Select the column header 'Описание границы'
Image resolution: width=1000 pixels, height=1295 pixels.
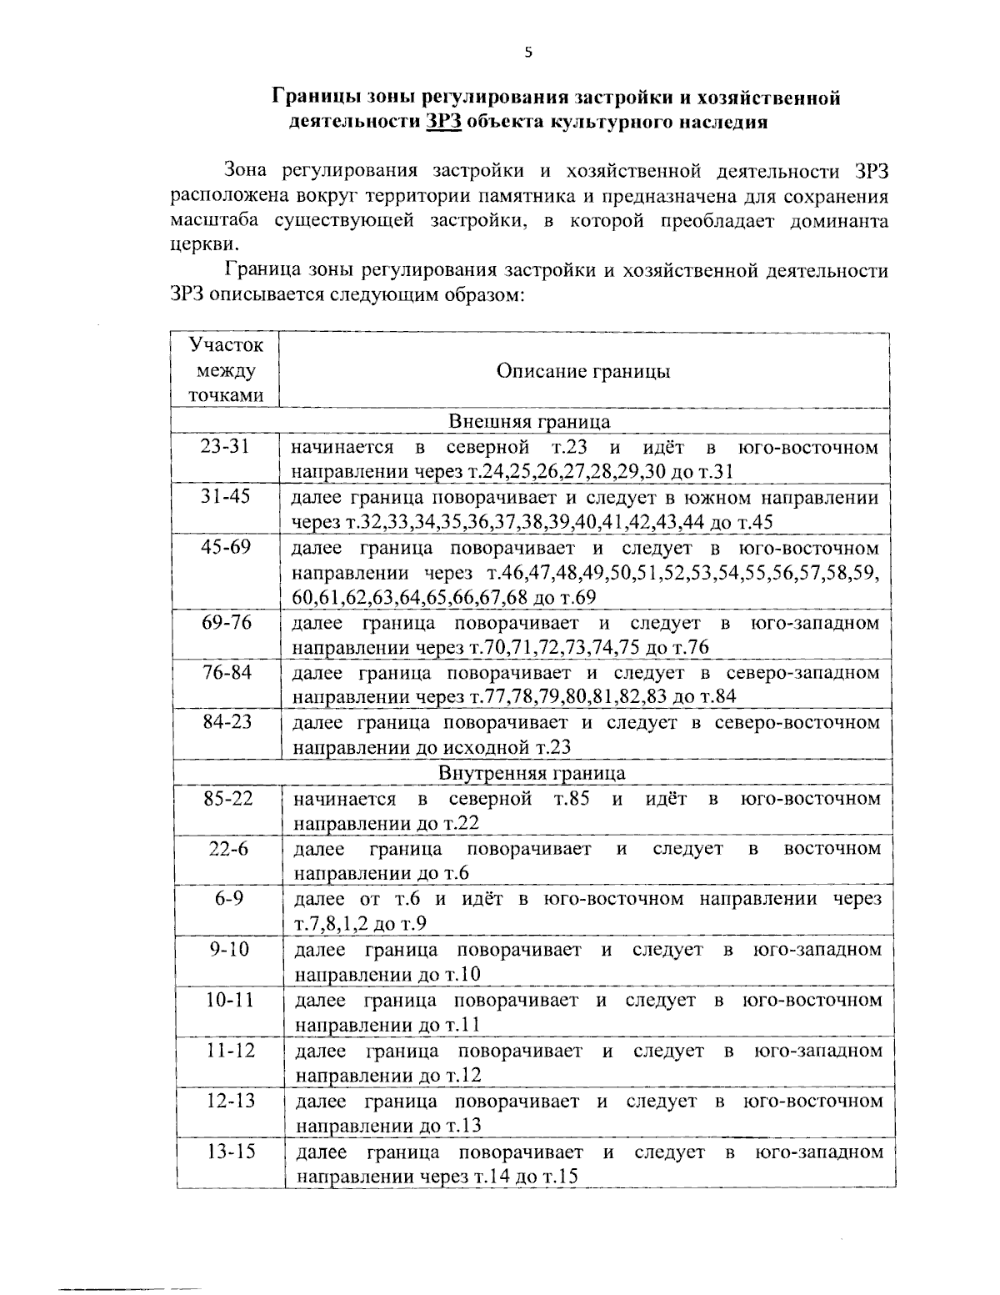(583, 371)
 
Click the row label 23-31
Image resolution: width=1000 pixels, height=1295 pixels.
(225, 446)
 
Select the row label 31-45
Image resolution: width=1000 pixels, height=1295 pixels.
(226, 496)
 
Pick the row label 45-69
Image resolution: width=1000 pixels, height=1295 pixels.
(226, 547)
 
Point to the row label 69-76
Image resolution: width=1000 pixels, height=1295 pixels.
(227, 622)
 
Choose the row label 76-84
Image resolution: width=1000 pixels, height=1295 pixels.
(227, 672)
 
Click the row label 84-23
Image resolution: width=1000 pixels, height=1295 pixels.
(227, 721)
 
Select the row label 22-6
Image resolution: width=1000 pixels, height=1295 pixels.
(228, 848)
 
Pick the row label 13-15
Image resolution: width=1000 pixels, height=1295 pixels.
(231, 1152)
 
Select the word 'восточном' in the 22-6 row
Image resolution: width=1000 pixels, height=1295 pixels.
(832, 849)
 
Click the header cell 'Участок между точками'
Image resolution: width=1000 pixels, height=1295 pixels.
(225, 369)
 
